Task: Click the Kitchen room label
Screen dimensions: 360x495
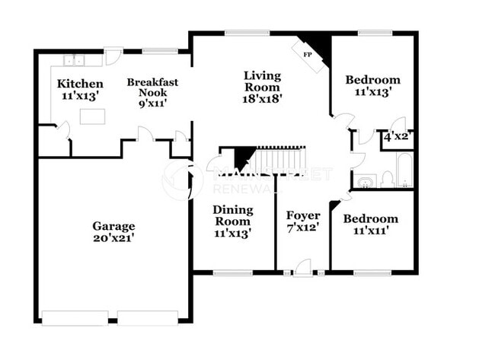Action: point(80,83)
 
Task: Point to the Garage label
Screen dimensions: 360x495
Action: point(113,226)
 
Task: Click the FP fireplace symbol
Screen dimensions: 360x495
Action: point(308,55)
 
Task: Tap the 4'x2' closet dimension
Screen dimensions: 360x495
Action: point(398,137)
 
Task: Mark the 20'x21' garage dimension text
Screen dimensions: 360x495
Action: point(113,238)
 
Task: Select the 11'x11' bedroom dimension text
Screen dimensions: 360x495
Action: point(370,231)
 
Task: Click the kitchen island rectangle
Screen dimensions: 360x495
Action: point(92,116)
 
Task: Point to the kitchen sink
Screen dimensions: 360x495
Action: point(74,61)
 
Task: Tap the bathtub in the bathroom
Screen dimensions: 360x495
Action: point(404,171)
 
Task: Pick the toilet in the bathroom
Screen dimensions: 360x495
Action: point(387,180)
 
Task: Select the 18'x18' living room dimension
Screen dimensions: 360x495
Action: point(262,99)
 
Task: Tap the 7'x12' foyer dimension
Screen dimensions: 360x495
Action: point(302,227)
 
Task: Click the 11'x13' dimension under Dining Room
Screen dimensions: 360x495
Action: point(232,233)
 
